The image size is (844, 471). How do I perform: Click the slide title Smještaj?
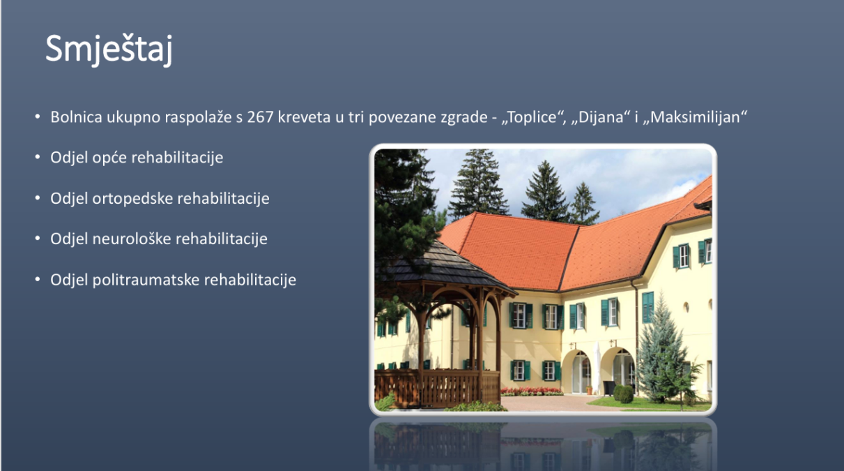[109, 50]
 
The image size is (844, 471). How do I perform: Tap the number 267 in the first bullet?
[260, 117]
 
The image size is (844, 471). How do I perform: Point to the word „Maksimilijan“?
[695, 117]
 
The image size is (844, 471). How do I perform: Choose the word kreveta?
[304, 117]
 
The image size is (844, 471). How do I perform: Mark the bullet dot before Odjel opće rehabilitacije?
[38, 156]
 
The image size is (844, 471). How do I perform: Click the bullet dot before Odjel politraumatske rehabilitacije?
[38, 279]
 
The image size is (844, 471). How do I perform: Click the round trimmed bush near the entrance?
[624, 394]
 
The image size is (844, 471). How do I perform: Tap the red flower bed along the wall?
[532, 391]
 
